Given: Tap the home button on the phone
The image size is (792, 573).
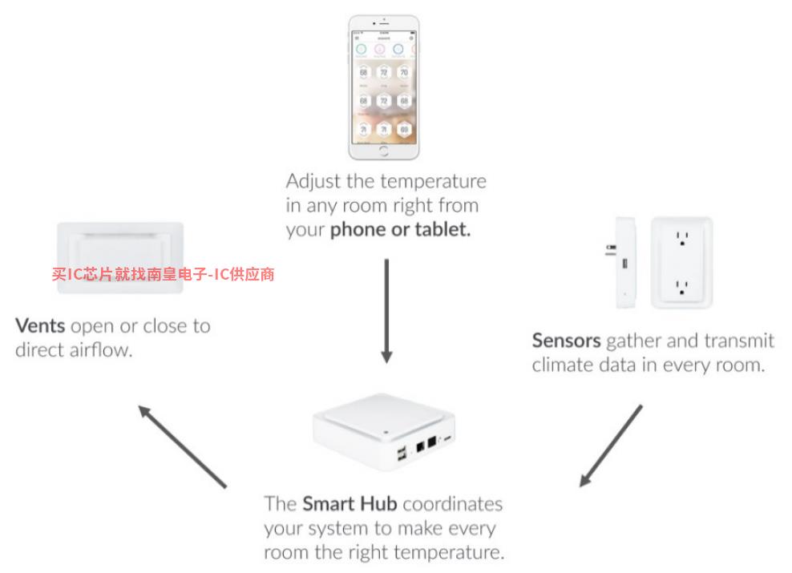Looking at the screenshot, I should click(384, 151).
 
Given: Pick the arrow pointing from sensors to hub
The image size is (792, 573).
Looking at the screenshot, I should click(611, 446).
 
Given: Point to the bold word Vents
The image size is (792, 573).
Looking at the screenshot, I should click(40, 327).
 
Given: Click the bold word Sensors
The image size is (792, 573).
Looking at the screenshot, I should click(566, 341).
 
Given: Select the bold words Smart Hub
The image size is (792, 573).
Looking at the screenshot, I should click(350, 504).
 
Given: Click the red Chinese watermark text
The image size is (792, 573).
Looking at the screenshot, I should click(164, 274).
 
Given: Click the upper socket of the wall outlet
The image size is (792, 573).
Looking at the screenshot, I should click(682, 239).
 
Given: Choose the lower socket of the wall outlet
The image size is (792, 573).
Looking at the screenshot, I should click(682, 285).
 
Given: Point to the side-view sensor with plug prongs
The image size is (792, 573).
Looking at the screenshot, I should click(623, 263).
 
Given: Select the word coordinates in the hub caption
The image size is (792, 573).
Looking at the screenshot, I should click(453, 504).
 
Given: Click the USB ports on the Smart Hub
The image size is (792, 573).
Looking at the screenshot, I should click(400, 454).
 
